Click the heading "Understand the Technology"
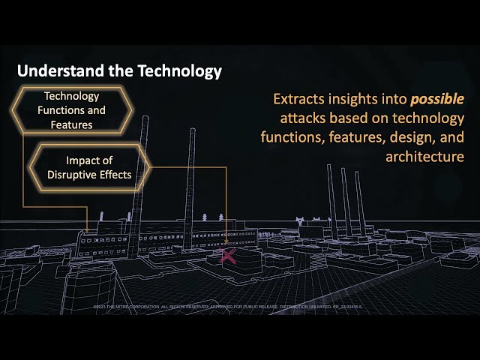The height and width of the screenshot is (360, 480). [119, 71]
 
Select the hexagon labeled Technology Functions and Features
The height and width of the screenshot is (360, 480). [72, 110]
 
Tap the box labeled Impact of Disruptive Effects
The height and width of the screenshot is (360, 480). [88, 167]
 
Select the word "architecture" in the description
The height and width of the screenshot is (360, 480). [424, 157]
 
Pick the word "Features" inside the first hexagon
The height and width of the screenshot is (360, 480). [72, 124]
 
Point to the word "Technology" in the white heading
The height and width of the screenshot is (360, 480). [179, 71]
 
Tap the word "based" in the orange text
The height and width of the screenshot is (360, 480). [355, 118]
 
